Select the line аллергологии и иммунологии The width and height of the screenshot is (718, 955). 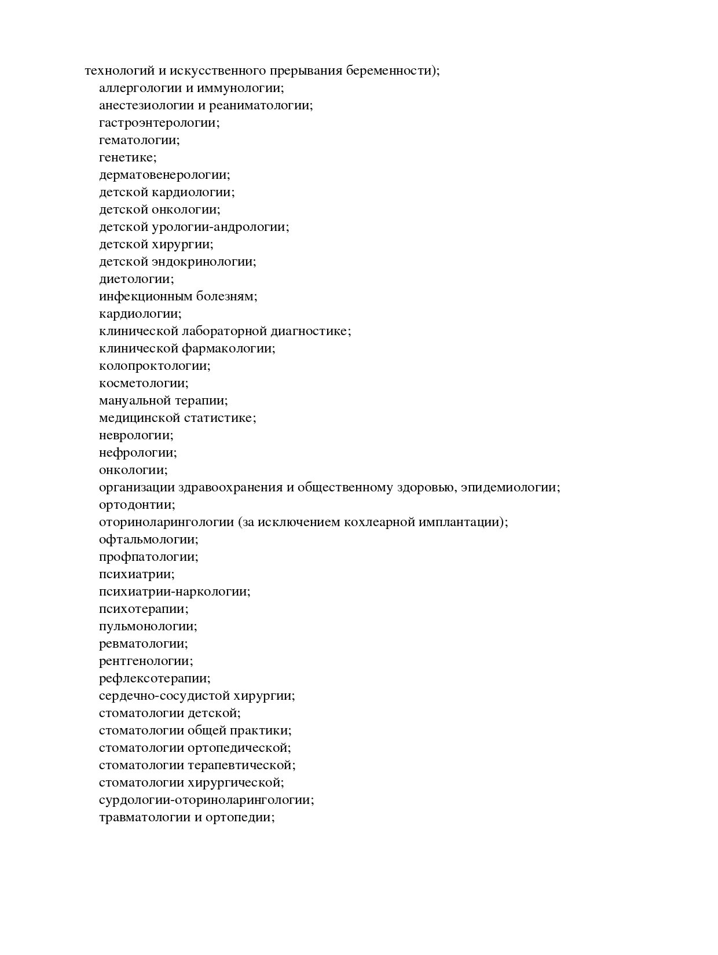pyautogui.click(x=191, y=89)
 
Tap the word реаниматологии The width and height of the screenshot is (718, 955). pyautogui.click(x=261, y=106)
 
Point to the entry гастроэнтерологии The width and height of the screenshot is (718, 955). pyautogui.click(x=159, y=123)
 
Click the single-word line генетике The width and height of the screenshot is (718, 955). pyautogui.click(x=127, y=158)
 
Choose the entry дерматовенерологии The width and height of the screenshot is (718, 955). pyautogui.click(x=164, y=175)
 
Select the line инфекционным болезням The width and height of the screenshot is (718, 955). pyautogui.click(x=178, y=297)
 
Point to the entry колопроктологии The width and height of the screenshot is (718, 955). pyautogui.click(x=155, y=366)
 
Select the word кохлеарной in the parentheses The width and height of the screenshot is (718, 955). pyautogui.click(x=378, y=523)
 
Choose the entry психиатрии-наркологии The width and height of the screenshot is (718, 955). pyautogui.click(x=174, y=592)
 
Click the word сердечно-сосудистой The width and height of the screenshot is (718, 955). pyautogui.click(x=163, y=696)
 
